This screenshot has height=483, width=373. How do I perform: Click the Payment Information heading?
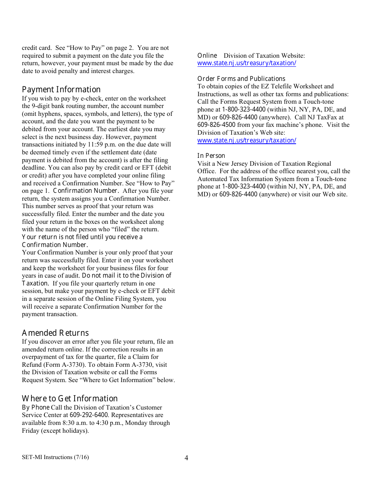coord(61,90)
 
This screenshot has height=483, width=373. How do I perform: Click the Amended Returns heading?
coord(55,333)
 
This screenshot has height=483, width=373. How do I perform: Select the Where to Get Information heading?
coord(70,399)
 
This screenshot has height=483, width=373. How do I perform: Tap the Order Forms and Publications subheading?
coord(241,79)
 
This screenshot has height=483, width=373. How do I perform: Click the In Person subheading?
coord(211,156)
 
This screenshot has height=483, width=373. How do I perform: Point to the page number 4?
coord(186,458)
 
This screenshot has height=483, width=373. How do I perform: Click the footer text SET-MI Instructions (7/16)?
coord(55,457)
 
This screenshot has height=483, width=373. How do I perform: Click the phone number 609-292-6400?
coord(88,415)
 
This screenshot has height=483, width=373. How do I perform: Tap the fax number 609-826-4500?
coord(216,125)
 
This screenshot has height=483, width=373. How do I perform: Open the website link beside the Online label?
coord(247,63)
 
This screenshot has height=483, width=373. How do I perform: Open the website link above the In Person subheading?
coord(247,141)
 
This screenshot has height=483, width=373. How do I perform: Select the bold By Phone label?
coord(36,407)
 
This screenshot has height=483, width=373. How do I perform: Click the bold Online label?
coord(207,56)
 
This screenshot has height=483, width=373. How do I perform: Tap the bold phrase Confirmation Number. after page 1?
coord(86,191)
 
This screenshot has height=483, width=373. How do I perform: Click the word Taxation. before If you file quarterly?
coord(35,283)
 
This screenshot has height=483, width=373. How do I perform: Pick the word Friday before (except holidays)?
coord(30,431)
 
